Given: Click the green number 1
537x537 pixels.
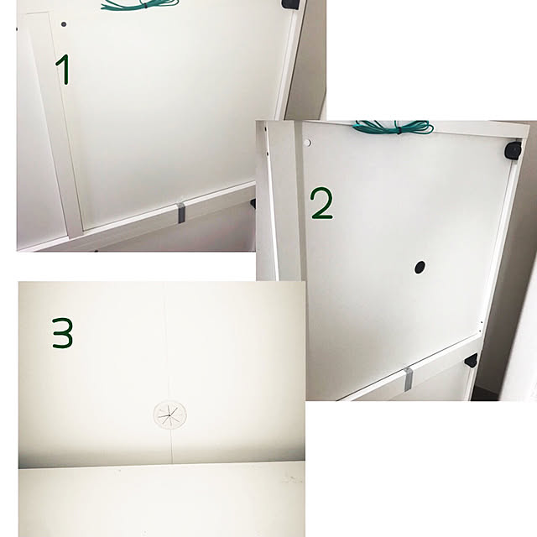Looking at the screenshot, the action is (x=65, y=70).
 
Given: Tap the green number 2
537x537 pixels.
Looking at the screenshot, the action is (x=321, y=204).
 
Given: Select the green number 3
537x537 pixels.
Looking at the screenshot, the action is (x=63, y=333).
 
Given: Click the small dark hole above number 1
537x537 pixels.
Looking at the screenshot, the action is (x=64, y=24).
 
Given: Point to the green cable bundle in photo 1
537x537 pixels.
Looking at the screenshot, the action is (x=140, y=4).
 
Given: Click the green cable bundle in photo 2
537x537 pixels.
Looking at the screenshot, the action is (x=394, y=128).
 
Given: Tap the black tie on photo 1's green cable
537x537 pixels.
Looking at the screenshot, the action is (x=145, y=5).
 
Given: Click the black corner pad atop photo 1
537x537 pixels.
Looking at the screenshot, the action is (x=290, y=3).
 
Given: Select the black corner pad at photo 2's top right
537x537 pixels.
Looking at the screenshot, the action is (x=513, y=151).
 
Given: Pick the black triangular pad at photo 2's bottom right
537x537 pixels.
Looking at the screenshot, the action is (x=472, y=360).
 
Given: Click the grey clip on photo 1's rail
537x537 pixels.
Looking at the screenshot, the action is (x=181, y=213).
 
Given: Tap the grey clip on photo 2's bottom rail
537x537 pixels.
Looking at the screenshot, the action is (x=408, y=379).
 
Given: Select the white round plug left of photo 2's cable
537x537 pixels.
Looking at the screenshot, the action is (x=307, y=143).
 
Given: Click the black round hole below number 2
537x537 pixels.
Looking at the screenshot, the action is (x=420, y=267).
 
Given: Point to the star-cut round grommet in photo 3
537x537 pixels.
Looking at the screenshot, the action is (x=169, y=414).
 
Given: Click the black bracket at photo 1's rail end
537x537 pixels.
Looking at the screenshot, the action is (x=253, y=203).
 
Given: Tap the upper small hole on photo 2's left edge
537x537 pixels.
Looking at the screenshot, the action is (x=266, y=129).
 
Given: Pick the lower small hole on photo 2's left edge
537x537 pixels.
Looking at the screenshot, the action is (x=267, y=153).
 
